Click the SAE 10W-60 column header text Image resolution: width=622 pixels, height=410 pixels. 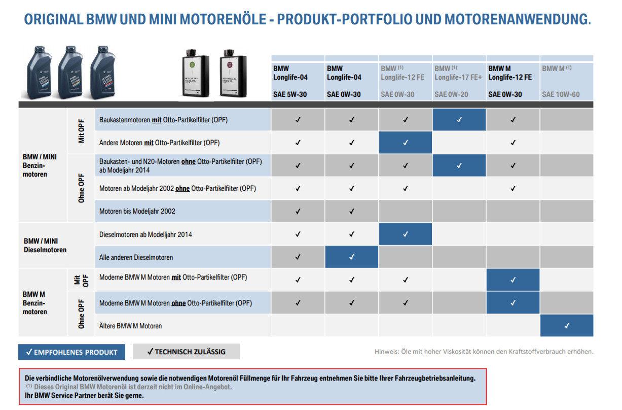tap(561, 94)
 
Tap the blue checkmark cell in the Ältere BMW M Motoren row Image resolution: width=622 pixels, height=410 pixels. tap(567, 325)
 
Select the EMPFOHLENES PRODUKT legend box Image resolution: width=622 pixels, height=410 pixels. tap(71, 352)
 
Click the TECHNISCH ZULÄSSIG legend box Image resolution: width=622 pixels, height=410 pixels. tap(186, 351)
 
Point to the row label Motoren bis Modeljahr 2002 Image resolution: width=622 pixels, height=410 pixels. tap(137, 211)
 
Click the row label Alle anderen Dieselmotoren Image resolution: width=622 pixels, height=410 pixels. tap(136, 257)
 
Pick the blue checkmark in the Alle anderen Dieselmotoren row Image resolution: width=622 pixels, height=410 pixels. tap(352, 257)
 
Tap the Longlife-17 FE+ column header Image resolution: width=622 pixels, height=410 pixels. tap(459, 77)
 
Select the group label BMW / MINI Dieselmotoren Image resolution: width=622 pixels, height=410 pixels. tap(45, 245)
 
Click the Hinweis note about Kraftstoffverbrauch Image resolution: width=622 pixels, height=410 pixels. tap(484, 351)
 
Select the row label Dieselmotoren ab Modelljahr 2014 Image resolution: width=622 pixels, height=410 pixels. tap(145, 234)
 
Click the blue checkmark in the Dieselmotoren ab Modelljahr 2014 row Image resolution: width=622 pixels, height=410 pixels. tap(406, 234)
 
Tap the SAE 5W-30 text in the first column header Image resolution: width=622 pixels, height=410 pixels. tap(289, 94)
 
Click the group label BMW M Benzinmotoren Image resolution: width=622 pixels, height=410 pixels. tap(35, 303)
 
